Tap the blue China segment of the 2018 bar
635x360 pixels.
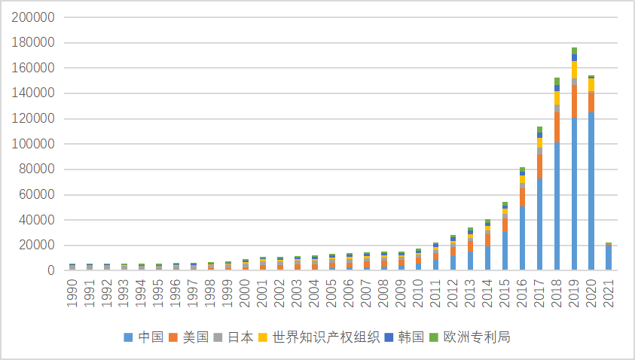(557, 206)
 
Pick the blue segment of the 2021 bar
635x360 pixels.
(609, 258)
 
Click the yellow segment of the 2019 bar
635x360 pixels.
(574, 69)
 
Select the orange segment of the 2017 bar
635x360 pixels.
(539, 166)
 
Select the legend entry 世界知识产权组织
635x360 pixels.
(316, 337)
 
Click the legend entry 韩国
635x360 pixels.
(398, 337)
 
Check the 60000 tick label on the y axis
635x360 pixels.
(37, 194)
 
